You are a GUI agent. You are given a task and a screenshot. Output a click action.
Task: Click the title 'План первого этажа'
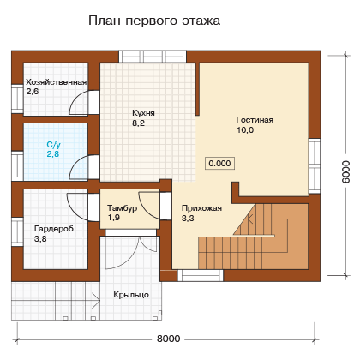tap(154, 21)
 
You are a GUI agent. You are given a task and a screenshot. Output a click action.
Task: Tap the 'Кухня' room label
tap(143, 113)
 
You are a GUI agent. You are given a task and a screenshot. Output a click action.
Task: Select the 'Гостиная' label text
tap(255, 120)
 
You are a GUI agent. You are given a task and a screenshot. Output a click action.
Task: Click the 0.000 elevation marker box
tap(219, 164)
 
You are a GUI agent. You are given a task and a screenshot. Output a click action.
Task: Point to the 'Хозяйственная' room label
tap(57, 82)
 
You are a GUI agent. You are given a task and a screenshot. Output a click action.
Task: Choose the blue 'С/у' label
tap(54, 145)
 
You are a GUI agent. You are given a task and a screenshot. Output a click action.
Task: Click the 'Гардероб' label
tap(54, 229)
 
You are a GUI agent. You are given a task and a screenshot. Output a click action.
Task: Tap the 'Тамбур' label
tap(123, 208)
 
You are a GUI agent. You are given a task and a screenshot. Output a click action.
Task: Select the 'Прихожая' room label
tap(201, 208)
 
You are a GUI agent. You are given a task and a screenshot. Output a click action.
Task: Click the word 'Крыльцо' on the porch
tap(131, 295)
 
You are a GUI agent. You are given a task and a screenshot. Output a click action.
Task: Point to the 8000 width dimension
tap(169, 339)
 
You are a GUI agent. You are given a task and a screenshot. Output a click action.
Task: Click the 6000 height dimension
tap(345, 171)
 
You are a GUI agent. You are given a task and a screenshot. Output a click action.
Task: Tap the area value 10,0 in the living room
tap(245, 130)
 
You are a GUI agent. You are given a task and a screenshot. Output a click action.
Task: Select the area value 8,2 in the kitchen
tap(138, 123)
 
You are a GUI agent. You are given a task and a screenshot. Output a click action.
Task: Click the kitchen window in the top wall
tap(153, 57)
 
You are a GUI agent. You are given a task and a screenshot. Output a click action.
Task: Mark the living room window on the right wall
tap(315, 166)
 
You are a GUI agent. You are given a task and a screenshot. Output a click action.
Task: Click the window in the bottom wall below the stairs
tap(201, 276)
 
